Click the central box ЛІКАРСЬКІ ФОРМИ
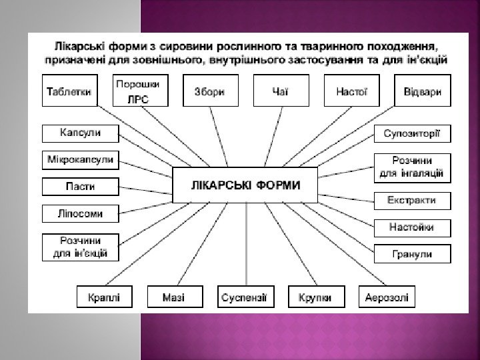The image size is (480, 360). tap(245, 185)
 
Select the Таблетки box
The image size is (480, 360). tap(69, 91)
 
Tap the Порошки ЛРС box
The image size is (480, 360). tap(141, 92)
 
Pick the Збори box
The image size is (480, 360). tap(210, 91)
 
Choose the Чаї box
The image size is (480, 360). tap(281, 91)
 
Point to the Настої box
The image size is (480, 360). tap(351, 91)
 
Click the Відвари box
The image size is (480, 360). tap(422, 91)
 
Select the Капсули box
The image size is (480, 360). tap(81, 133)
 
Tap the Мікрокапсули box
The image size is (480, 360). tap(81, 160)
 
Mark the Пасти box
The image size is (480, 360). tap(81, 187)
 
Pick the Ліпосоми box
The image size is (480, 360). tap(81, 214)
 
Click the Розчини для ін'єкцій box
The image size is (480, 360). tap(81, 247)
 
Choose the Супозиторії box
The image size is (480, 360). tap(411, 133)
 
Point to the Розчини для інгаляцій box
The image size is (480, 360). tap(411, 167)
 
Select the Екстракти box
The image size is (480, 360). tap(411, 200)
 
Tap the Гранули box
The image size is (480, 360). tap(411, 254)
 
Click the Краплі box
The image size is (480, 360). tap(104, 297)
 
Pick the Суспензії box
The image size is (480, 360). tap(245, 297)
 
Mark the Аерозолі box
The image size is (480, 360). tap(387, 297)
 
